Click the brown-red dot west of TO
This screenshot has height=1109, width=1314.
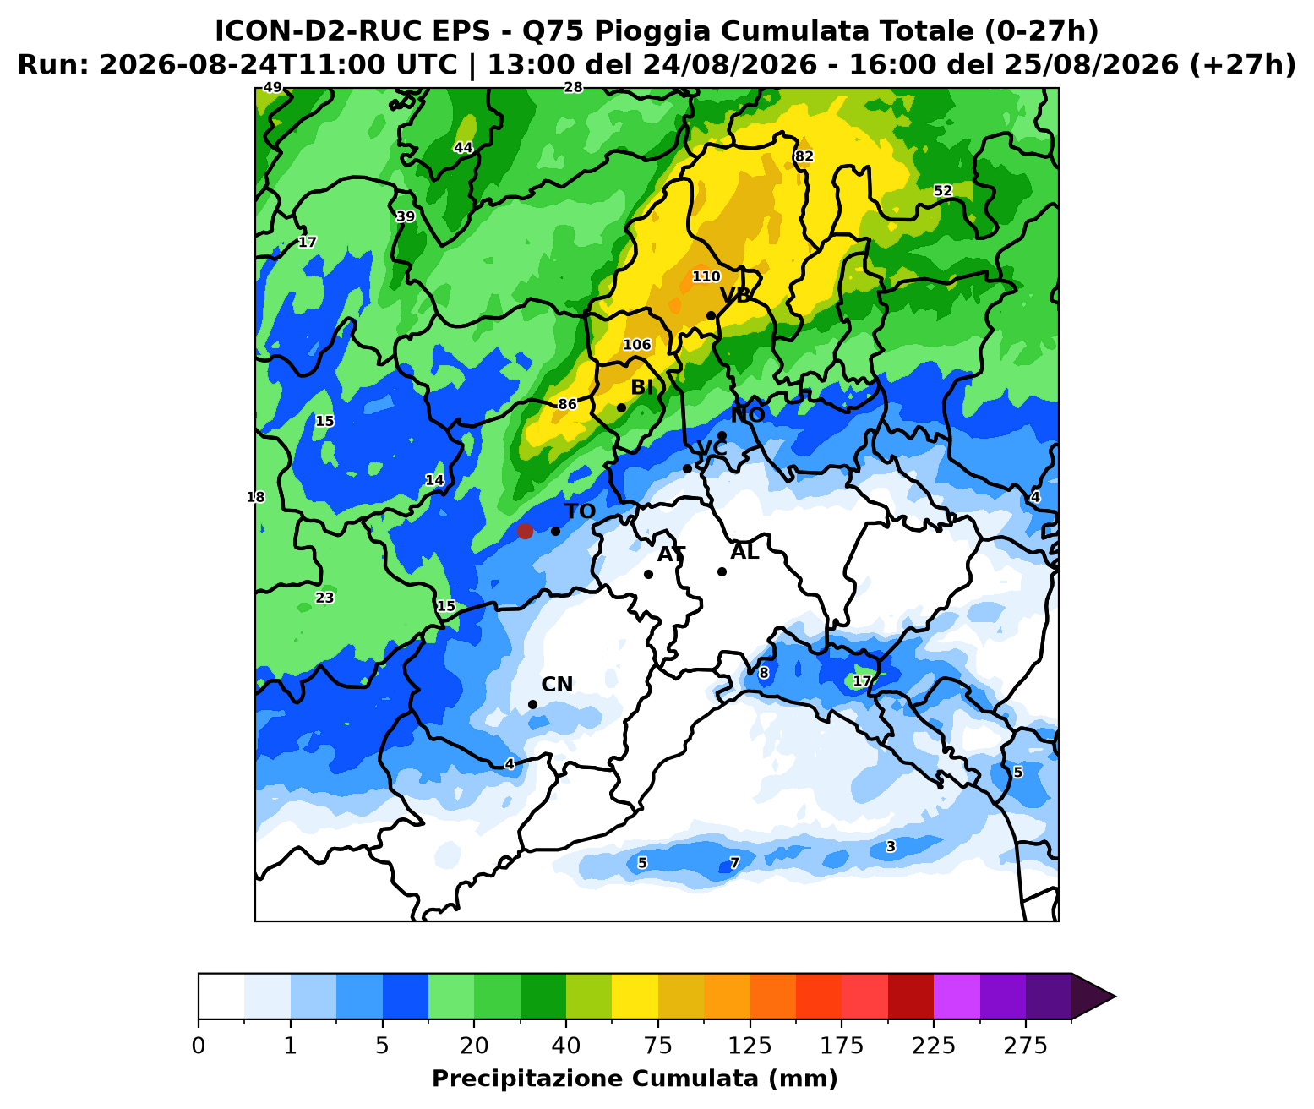(x=525, y=531)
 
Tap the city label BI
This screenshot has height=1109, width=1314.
(x=642, y=387)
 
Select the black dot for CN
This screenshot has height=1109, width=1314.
(x=532, y=704)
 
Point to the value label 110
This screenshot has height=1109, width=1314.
(x=706, y=276)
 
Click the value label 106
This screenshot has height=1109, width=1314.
(x=637, y=344)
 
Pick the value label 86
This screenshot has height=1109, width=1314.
(x=567, y=404)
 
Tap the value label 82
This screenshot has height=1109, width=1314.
(x=804, y=156)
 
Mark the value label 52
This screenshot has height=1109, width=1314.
(x=943, y=190)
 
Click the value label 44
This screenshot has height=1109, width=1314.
(x=463, y=147)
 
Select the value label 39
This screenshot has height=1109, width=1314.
(x=406, y=216)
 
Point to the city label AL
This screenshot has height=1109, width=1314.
(x=745, y=552)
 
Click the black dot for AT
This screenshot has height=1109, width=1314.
(x=648, y=574)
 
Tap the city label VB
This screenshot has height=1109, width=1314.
(x=736, y=295)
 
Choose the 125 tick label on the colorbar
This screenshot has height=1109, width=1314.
(x=750, y=1046)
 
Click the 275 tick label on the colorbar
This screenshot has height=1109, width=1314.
(x=1025, y=1046)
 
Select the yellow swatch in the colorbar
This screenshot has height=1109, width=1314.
(x=635, y=997)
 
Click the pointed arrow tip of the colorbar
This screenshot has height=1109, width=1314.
(x=1115, y=997)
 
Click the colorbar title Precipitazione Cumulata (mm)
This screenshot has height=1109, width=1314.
(x=635, y=1079)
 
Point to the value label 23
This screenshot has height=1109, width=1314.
(x=324, y=598)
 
